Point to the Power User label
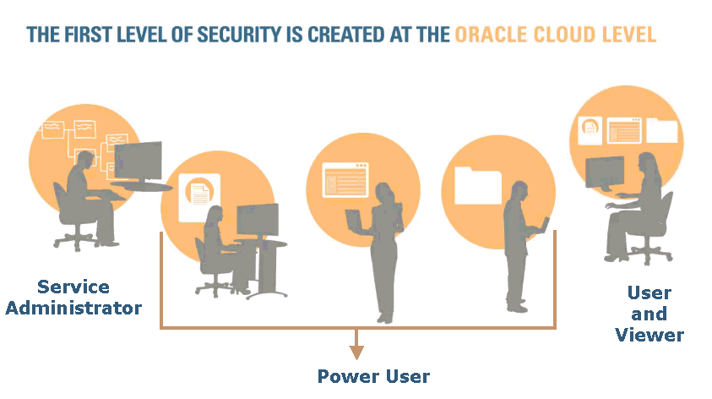pyautogui.click(x=373, y=376)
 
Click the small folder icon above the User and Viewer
pyautogui.click(x=661, y=130)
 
